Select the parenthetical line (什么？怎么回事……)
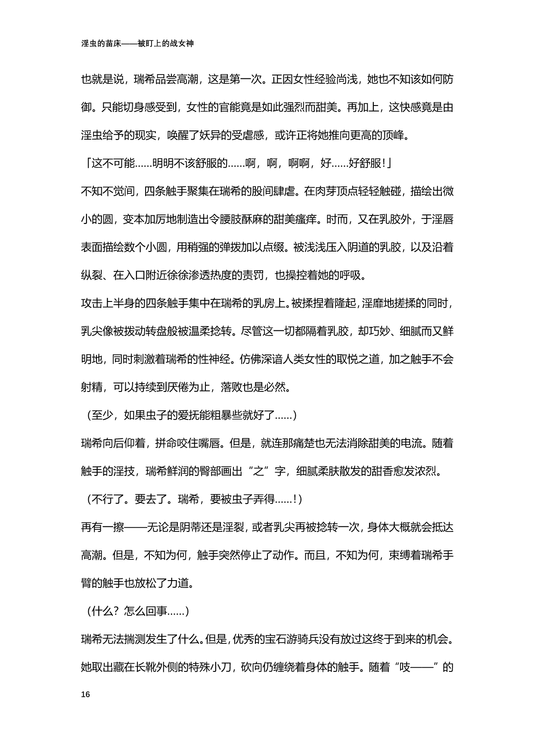[136, 611]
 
